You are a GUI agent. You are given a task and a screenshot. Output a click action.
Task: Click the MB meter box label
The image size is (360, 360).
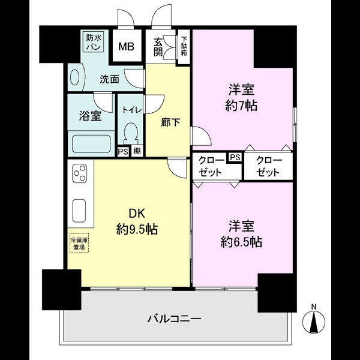coord(126,47)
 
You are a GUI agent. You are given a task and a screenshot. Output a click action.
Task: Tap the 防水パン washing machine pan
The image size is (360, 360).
coord(93,41)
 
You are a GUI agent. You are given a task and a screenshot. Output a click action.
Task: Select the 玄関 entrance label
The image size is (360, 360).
coord(158,47)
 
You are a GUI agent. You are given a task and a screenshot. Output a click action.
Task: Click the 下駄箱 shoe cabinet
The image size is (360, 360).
coord(184,47)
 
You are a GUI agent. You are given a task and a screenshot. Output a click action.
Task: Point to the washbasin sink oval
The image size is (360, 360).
coord(75,77)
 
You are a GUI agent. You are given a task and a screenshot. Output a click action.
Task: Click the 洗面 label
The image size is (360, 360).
coord(110,79)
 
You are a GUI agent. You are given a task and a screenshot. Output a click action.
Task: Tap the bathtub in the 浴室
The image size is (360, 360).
coord(91,144)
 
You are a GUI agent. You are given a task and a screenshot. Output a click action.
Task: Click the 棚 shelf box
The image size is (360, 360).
coord(137,151)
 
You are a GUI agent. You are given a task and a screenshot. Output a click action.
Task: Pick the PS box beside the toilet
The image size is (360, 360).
coord(123,152)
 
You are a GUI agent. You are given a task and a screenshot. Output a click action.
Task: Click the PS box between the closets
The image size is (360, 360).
coord(235,157)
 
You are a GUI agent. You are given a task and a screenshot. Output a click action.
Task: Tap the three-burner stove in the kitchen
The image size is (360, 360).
coord(79,173)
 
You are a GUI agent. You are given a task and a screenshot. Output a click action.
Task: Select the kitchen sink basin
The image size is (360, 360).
coord(79,211)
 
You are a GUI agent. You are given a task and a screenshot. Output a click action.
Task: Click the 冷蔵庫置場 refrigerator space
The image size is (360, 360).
coord(79,244)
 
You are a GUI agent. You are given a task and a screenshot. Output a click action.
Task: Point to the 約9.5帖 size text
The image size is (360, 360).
coord(137,229)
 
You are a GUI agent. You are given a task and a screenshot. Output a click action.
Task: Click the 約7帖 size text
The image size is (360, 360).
coord(241,106)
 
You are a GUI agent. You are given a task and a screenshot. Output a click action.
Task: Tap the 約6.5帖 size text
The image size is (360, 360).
coord(241,242)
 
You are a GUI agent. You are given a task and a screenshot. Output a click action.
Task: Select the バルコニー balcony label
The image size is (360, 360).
coord(174,319)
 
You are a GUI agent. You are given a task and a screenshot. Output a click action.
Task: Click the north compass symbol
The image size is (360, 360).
coord(314,321)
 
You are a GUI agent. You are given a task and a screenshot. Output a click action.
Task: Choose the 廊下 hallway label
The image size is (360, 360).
coord(170,122)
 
